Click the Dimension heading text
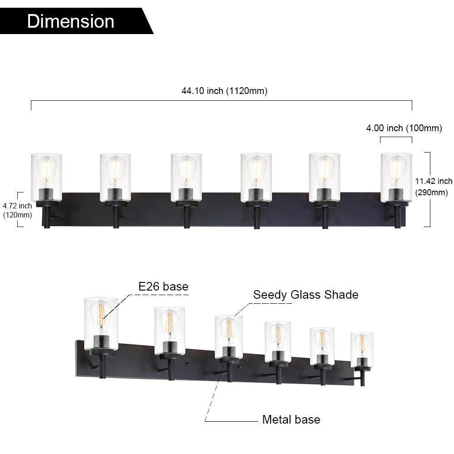pyautogui.click(x=70, y=21)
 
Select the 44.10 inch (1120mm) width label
pyautogui.click(x=224, y=91)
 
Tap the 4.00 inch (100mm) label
pyautogui.click(x=404, y=128)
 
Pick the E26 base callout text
pyautogui.click(x=163, y=286)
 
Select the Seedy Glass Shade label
pyautogui.click(x=306, y=295)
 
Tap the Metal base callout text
pyautogui.click(x=291, y=419)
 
